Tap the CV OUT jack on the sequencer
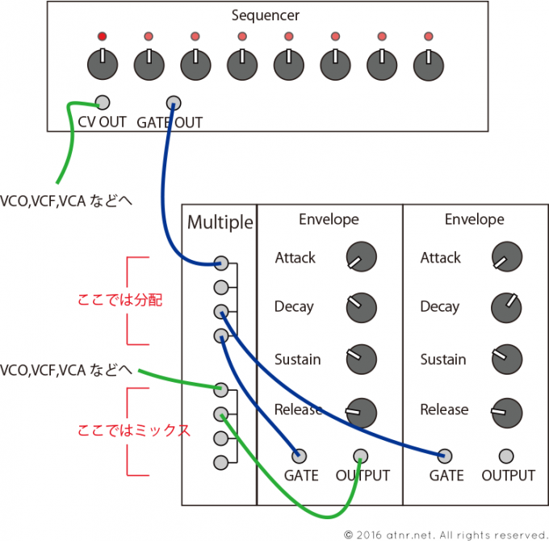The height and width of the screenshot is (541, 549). tap(103, 103)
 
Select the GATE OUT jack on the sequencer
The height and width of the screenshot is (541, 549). tap(173, 103)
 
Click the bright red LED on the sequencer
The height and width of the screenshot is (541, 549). tap(102, 37)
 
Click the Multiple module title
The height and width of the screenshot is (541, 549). tap(220, 222)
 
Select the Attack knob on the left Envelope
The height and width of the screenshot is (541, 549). tap(361, 258)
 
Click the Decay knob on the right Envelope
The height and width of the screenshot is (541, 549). tap(505, 307)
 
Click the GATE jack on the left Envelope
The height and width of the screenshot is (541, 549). tap(300, 455)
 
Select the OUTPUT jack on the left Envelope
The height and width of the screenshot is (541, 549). tap(361, 455)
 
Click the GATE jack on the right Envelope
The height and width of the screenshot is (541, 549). tap(445, 455)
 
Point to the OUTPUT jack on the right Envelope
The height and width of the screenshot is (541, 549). tap(506, 455)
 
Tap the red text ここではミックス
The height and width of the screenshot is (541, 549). tap(133, 430)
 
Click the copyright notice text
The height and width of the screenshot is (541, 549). tap(445, 534)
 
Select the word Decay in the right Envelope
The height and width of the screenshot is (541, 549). tap(440, 307)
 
